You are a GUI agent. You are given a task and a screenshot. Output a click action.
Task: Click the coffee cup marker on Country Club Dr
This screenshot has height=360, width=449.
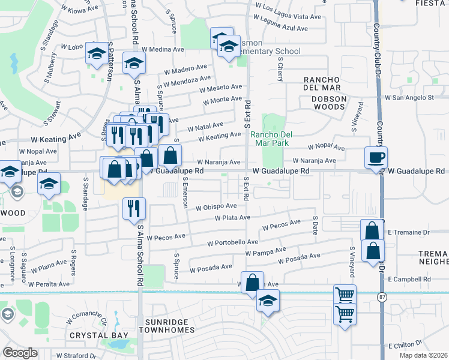tap(376, 158)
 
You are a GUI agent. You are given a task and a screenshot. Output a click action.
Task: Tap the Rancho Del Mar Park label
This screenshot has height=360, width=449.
tap(270, 138)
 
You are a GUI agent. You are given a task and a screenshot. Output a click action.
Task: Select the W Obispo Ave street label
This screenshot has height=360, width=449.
tap(216, 207)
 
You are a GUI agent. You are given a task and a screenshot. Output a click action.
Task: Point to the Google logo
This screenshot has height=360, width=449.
tap(20, 353)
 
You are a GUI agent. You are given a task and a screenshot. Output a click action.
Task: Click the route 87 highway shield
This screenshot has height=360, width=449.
tap(382, 297)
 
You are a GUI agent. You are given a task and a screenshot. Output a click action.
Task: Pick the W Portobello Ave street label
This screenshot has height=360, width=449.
tap(232, 243)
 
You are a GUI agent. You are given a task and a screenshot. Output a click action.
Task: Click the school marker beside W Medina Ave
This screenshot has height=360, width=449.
tap(134, 62)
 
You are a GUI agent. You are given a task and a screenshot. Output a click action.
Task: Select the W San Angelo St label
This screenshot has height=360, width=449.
tap(409, 97)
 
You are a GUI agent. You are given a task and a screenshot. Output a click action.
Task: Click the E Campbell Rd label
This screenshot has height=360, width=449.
tap(409, 280)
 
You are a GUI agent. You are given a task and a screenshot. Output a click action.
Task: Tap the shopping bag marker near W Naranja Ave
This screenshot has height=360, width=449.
tap(170, 155)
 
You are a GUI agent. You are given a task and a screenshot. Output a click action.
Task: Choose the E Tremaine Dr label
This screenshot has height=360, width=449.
tap(409, 232)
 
